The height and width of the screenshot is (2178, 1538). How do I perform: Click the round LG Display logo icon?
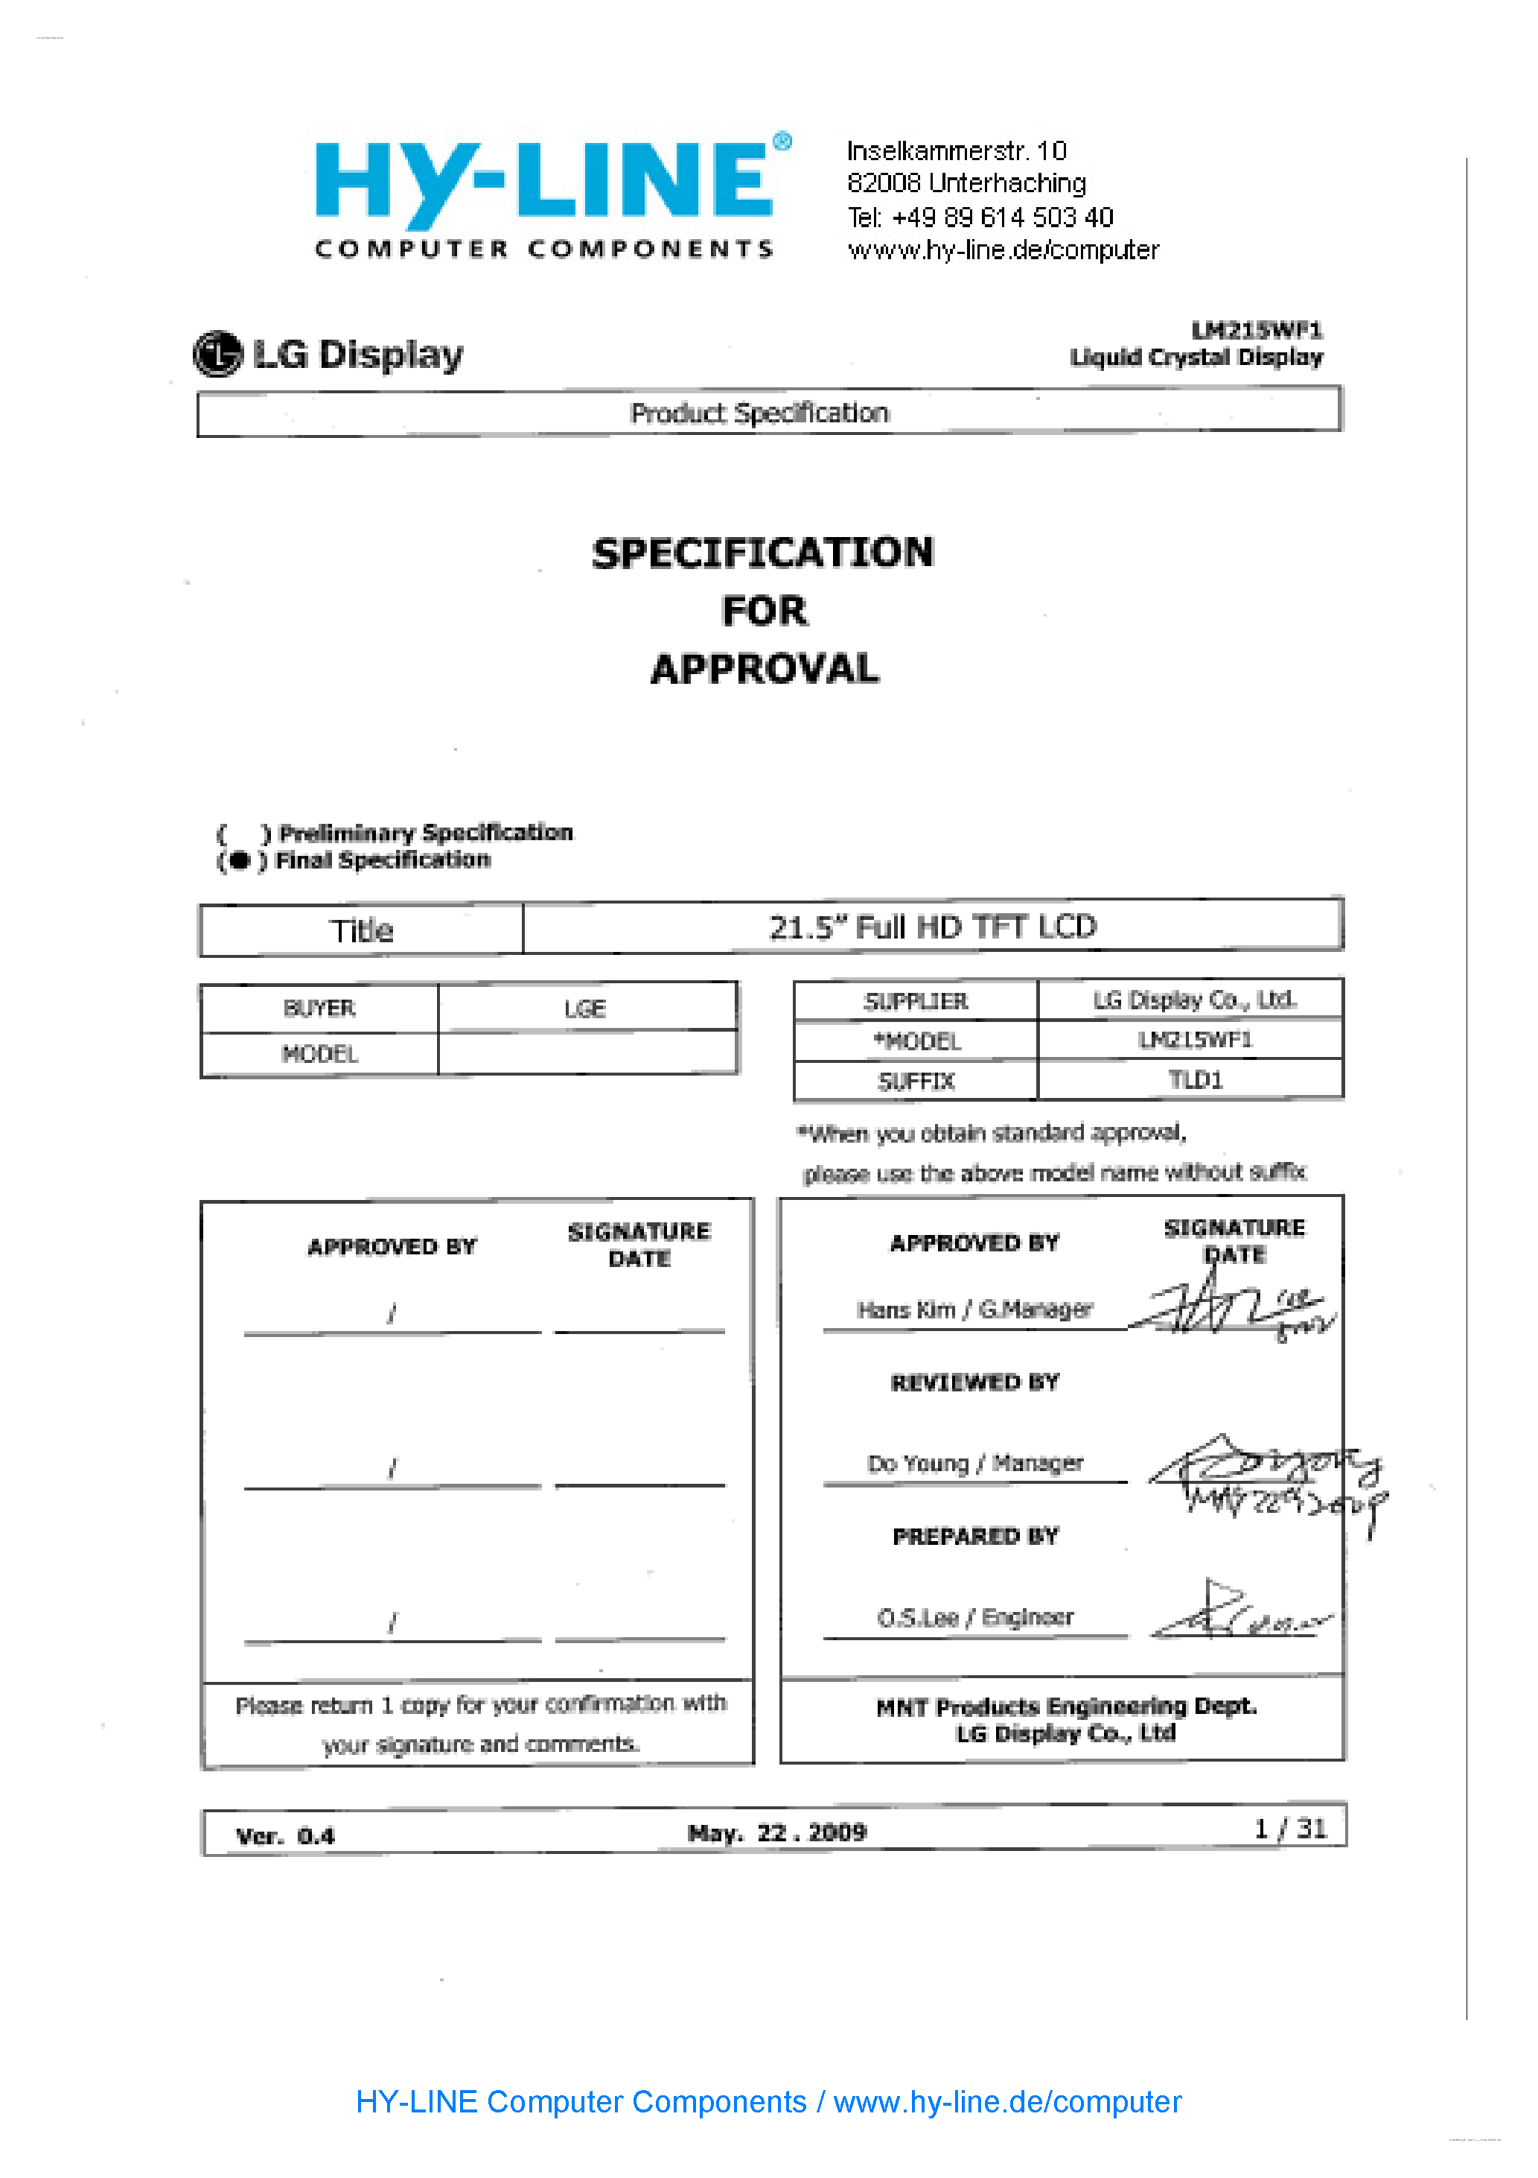click(x=218, y=354)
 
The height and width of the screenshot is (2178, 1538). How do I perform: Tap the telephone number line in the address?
click(x=980, y=218)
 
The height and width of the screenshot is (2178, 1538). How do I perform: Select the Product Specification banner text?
click(x=759, y=413)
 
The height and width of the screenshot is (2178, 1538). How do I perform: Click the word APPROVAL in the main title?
click(x=765, y=669)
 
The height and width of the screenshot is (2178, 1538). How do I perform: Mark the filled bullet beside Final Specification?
click(x=239, y=860)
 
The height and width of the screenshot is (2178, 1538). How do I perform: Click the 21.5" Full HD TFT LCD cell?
click(x=932, y=927)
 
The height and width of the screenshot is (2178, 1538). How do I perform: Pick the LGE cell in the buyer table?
click(x=585, y=1009)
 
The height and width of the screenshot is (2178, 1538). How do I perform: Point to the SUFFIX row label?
click(x=916, y=1082)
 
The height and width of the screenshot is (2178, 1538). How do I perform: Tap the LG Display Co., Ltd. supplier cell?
click(x=1194, y=1000)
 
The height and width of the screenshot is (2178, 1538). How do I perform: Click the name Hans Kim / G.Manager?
click(x=974, y=1310)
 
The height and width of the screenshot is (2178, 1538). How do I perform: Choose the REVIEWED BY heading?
click(x=974, y=1383)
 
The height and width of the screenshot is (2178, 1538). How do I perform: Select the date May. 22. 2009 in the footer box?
click(x=776, y=1832)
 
